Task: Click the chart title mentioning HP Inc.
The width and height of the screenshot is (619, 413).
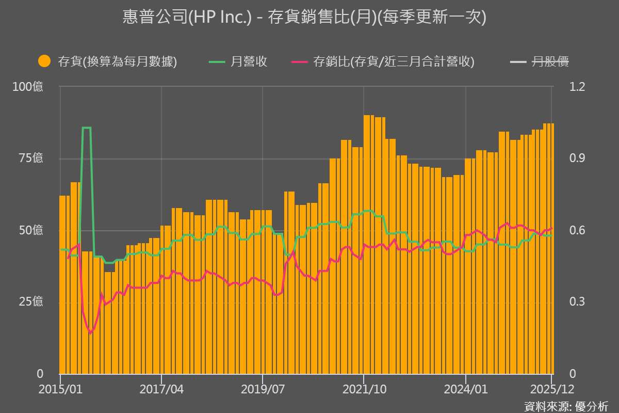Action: click(x=304, y=18)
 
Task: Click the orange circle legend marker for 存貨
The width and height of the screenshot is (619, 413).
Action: click(x=44, y=61)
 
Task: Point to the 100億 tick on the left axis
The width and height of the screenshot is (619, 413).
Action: click(x=28, y=86)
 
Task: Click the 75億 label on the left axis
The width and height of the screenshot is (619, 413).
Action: click(x=30, y=158)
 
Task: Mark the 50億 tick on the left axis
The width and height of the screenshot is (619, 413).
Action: click(x=30, y=230)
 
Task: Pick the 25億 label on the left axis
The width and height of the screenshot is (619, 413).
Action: click(x=30, y=301)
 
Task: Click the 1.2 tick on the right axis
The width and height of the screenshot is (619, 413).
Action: click(x=578, y=86)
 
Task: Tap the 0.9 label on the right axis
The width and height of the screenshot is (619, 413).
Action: click(x=578, y=158)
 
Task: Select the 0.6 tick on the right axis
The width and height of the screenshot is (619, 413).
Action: click(x=578, y=230)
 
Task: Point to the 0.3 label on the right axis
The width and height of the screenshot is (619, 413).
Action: click(x=578, y=301)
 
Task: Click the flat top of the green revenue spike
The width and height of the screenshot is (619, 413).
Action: click(x=87, y=128)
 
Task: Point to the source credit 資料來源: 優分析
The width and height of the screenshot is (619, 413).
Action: click(x=566, y=406)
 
